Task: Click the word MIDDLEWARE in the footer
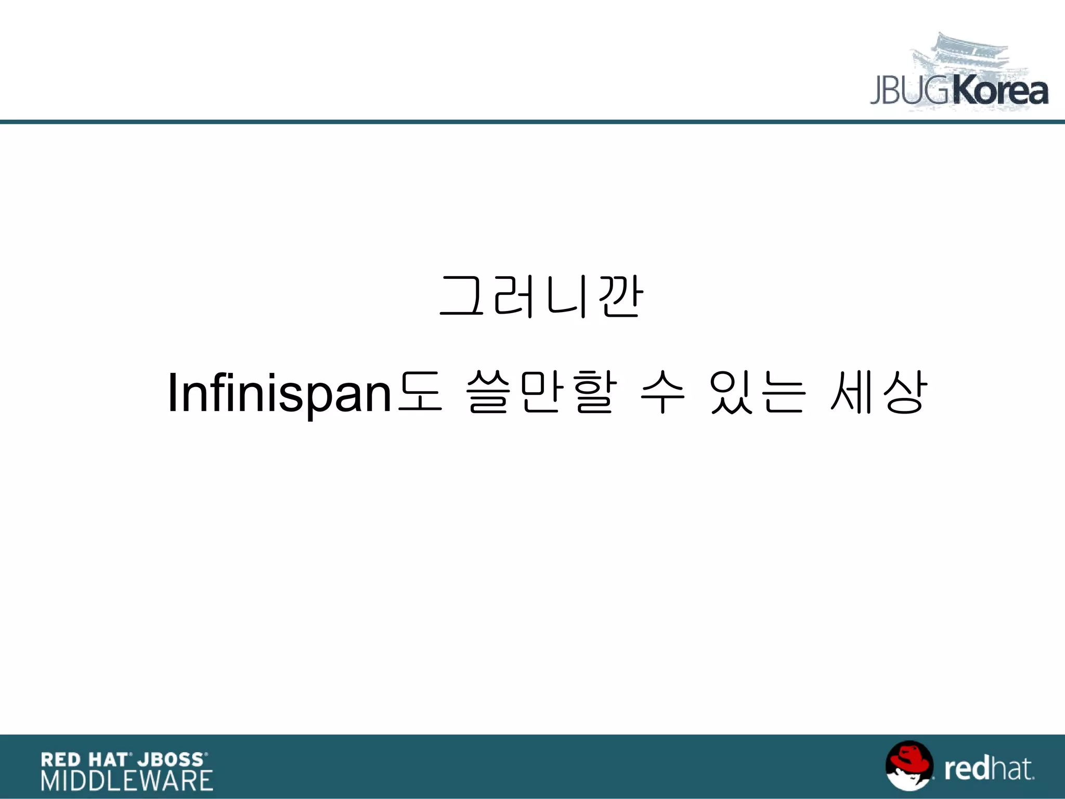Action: pos(127,781)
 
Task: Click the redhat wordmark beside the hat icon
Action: pos(989,769)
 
